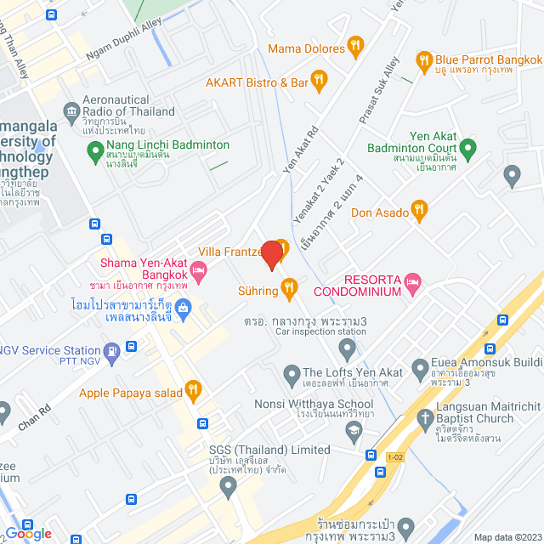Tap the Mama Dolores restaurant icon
[x=355, y=48]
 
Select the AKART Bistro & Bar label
[x=257, y=82]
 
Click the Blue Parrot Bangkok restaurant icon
[x=422, y=60]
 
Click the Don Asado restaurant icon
[x=418, y=210]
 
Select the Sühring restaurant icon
[x=290, y=291]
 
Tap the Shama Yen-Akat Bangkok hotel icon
[x=200, y=272]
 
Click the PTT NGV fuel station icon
[x=111, y=350]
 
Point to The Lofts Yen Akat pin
[x=291, y=372]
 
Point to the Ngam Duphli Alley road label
[x=123, y=42]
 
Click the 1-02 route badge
[x=394, y=456]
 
